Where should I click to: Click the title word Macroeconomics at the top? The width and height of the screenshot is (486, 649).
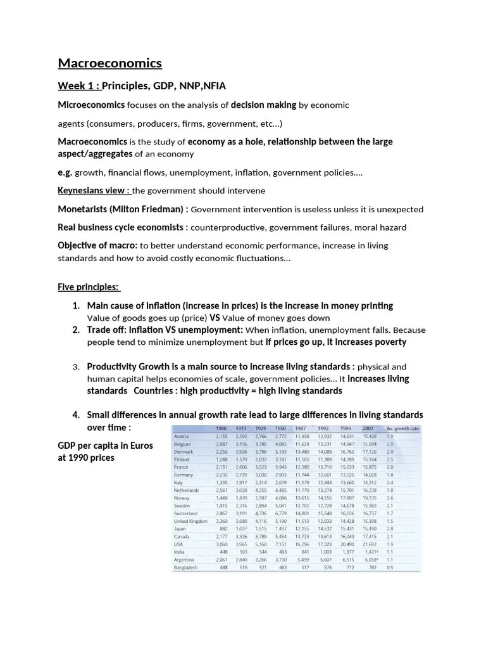(110, 63)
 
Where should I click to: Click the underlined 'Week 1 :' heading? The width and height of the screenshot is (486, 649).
(79, 86)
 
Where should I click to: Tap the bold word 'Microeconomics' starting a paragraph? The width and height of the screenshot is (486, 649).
(92, 105)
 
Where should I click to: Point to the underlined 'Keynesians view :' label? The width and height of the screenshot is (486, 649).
(94, 191)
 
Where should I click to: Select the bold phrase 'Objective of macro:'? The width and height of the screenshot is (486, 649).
(98, 245)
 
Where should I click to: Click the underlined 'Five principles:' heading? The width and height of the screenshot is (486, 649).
(89, 287)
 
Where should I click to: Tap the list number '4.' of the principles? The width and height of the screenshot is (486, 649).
(76, 414)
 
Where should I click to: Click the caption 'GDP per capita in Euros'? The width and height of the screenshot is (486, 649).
(106, 446)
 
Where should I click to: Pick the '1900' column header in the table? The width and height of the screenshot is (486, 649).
(221, 429)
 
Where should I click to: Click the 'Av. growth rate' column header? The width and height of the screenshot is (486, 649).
(402, 429)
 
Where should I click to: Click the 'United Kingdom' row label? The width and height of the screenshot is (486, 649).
(190, 521)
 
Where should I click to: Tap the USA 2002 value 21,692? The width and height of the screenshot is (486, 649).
(369, 544)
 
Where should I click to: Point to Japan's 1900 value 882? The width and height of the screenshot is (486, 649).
(223, 529)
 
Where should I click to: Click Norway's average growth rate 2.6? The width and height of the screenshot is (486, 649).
(390, 498)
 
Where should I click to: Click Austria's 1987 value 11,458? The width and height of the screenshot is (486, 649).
(301, 437)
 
